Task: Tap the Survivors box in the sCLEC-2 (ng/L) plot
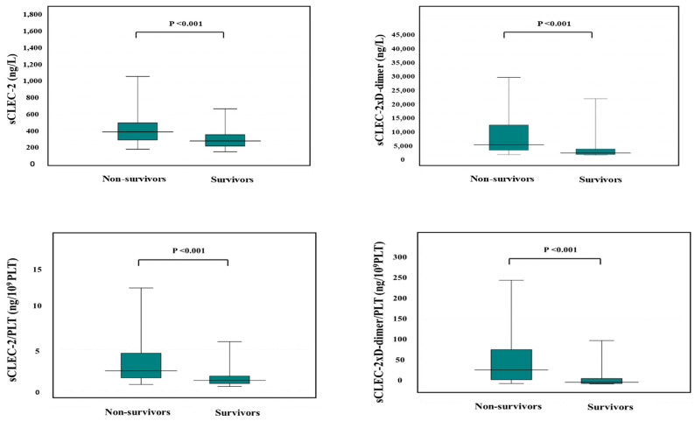(x=225, y=140)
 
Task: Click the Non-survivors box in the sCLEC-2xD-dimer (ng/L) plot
(x=504, y=137)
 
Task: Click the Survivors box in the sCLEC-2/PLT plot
(x=229, y=380)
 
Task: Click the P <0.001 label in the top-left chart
(x=181, y=24)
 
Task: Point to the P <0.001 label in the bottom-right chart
(x=556, y=249)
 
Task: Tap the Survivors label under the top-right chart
(x=600, y=179)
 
